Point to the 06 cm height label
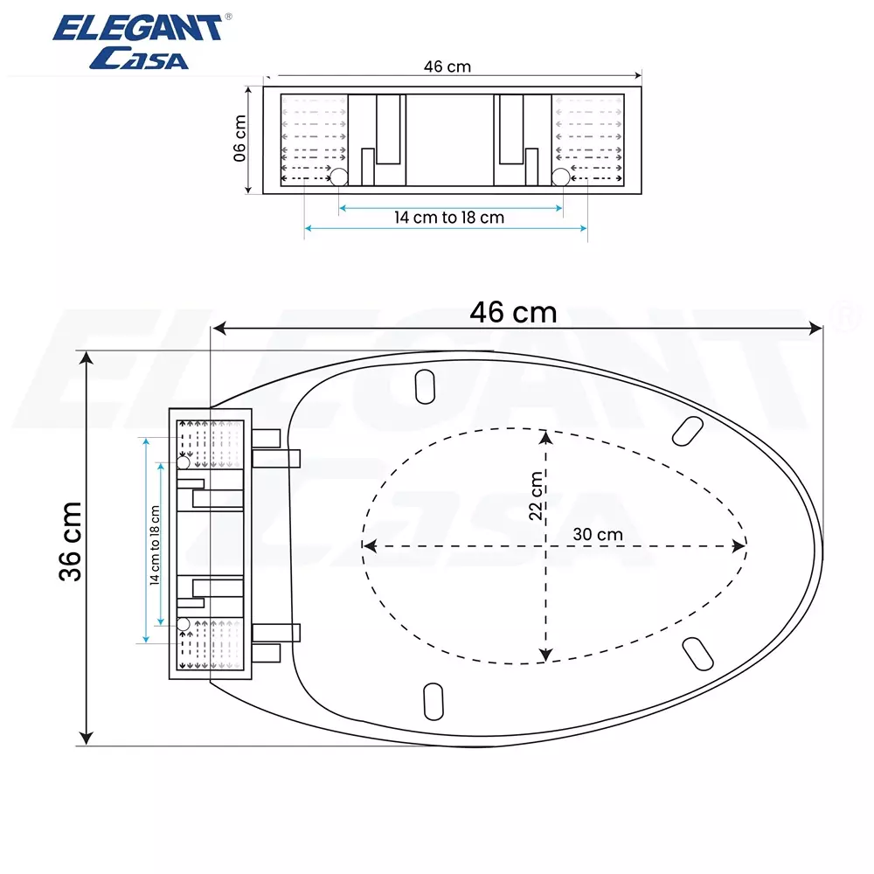click(240, 140)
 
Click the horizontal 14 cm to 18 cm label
click(449, 218)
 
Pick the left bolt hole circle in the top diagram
click(338, 177)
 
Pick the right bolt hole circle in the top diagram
click(560, 177)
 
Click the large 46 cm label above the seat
click(513, 311)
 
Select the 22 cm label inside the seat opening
click(536, 496)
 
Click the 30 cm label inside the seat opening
click(598, 534)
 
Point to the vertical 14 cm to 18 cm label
click(155, 545)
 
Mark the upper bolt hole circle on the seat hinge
click(184, 462)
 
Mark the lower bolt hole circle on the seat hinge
click(184, 623)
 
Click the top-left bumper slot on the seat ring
click(425, 385)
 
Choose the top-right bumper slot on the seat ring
click(688, 427)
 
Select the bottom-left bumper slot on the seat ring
click(433, 699)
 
